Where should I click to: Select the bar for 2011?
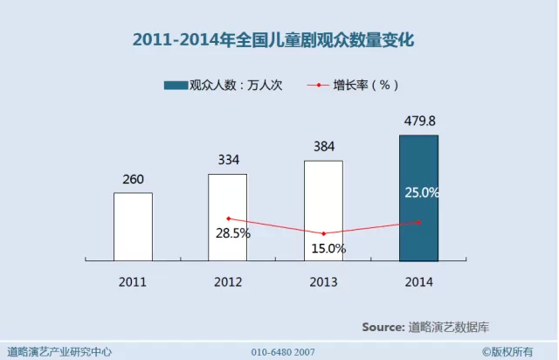(x=133, y=226)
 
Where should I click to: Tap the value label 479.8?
(x=418, y=121)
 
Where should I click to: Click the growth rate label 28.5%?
(x=233, y=234)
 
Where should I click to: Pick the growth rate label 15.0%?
(x=328, y=248)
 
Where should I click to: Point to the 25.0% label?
(x=422, y=192)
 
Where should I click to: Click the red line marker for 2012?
(x=228, y=218)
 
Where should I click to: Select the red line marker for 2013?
(x=323, y=233)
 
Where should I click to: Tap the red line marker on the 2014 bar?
(x=419, y=222)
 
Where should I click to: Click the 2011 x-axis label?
(x=133, y=282)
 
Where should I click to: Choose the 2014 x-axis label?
(x=418, y=282)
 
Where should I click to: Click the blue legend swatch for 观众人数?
(x=176, y=85)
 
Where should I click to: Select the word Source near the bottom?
(x=383, y=327)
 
